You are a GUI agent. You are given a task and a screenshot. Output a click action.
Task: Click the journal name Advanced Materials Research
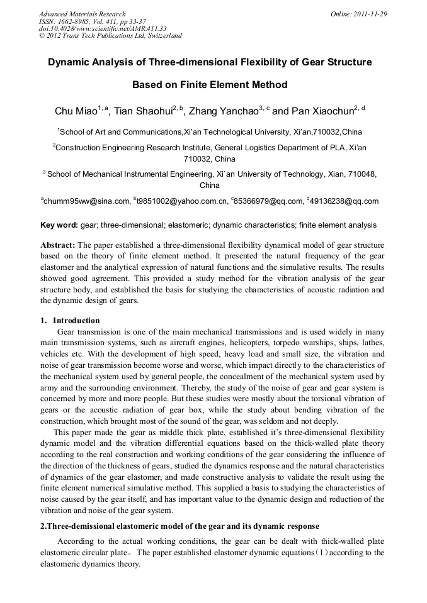point(82,14)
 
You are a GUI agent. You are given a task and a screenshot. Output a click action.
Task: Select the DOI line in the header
point(103,28)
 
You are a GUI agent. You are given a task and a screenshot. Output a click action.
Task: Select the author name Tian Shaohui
point(146,111)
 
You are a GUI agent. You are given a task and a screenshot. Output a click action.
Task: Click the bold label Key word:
point(59,225)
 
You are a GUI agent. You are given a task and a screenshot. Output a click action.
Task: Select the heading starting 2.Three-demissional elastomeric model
point(179,526)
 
